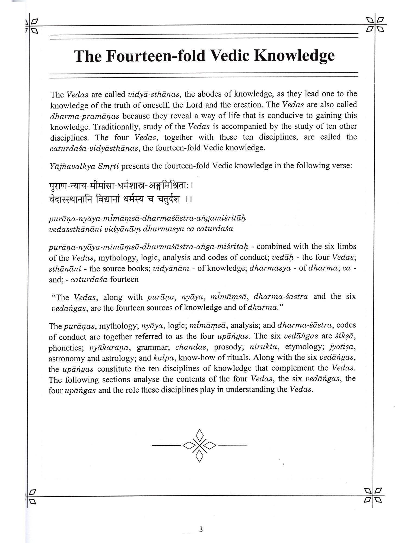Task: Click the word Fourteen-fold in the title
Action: (155, 56)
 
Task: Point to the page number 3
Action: (201, 529)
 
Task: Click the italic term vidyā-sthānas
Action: (154, 94)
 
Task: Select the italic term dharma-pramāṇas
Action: (85, 116)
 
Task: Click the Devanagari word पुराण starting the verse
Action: (58, 187)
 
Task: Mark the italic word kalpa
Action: (164, 358)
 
